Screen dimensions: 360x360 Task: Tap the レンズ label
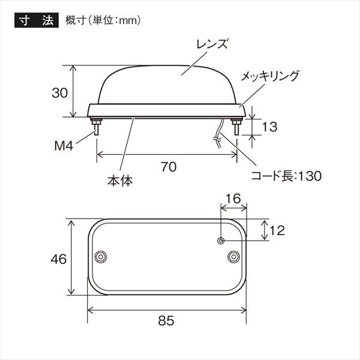[x=208, y=44]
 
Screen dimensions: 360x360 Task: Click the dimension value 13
[x=270, y=127]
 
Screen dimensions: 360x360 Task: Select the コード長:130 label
[x=286, y=176]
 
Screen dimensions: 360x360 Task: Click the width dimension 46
[x=58, y=259]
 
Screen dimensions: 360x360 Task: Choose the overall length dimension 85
[x=166, y=320]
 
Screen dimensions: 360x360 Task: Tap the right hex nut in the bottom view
[x=232, y=256]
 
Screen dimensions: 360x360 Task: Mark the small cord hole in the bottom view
[x=221, y=241]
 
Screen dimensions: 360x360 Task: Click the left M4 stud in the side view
[x=96, y=127]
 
